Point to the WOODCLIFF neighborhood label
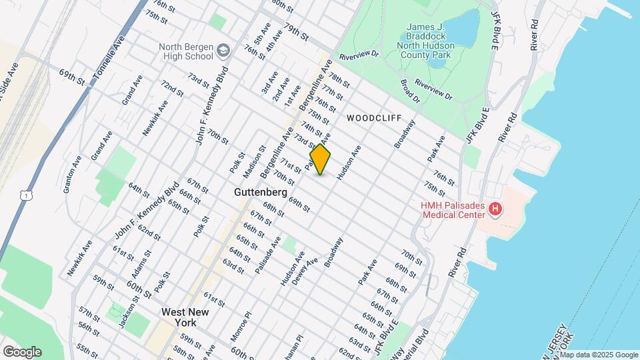click(x=374, y=118)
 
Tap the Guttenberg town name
click(x=261, y=192)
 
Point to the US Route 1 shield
click(x=25, y=194)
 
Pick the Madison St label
click(x=251, y=163)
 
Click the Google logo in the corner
click(x=22, y=352)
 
